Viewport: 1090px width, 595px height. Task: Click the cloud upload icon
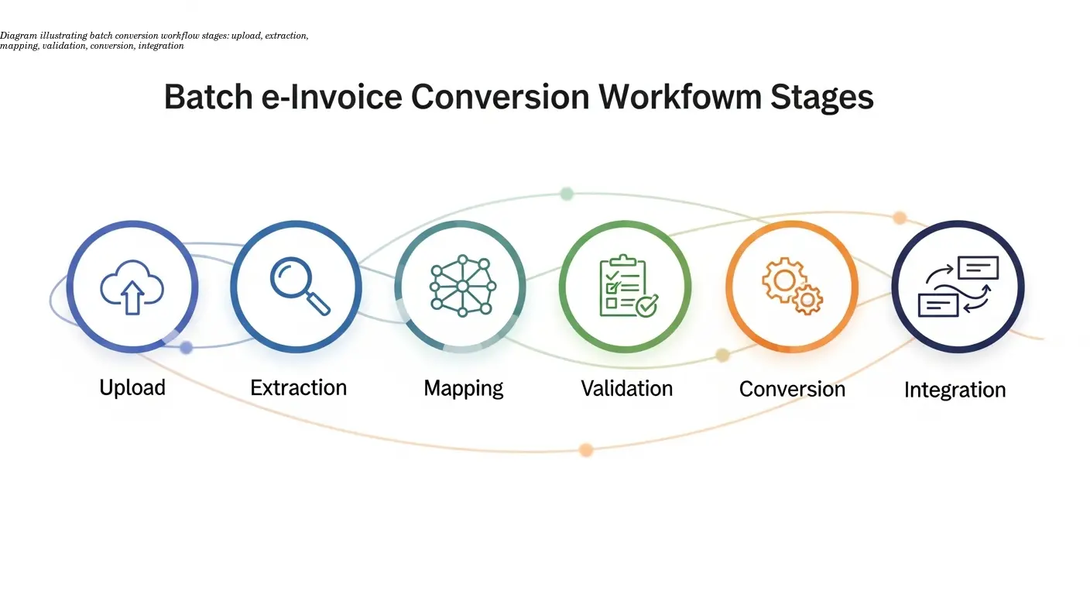click(132, 287)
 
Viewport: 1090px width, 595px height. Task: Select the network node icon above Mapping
click(462, 286)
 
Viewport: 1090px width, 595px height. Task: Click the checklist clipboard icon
click(626, 287)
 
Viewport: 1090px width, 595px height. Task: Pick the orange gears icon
click(791, 287)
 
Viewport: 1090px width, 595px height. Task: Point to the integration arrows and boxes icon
click(958, 287)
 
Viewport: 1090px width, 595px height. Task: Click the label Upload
click(132, 387)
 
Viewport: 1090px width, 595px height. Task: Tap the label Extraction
click(298, 387)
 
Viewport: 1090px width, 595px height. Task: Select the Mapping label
click(463, 387)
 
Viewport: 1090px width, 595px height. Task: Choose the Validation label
click(626, 387)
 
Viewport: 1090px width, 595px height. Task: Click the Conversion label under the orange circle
click(791, 388)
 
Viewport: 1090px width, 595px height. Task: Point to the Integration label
click(955, 389)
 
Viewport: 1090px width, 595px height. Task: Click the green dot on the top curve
click(567, 194)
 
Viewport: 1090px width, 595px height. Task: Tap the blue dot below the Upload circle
click(186, 348)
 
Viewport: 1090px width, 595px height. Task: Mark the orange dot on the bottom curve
click(586, 449)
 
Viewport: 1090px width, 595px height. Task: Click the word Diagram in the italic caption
click(15, 36)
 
